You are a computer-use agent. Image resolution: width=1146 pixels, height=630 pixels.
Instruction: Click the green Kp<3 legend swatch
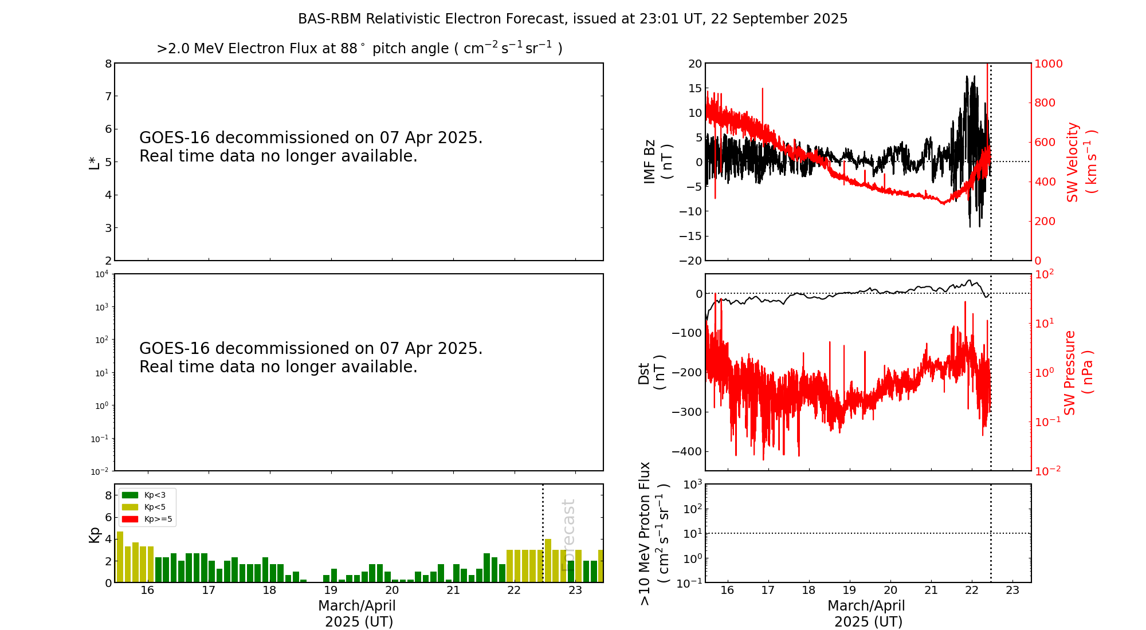click(x=130, y=495)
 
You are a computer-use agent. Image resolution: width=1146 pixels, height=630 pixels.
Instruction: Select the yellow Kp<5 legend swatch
click(x=130, y=507)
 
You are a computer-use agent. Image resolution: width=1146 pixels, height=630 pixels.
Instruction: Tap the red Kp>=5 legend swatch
click(x=130, y=519)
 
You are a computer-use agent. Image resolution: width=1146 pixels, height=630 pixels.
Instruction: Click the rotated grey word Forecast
click(x=568, y=535)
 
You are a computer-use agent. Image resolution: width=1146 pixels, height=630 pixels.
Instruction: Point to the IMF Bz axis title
click(x=658, y=162)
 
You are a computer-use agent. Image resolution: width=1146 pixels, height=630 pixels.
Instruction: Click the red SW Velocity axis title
click(x=1081, y=162)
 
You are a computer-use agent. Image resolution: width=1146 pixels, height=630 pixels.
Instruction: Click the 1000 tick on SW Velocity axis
click(x=1048, y=64)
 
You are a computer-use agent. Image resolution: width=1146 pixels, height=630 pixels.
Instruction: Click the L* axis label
click(x=94, y=162)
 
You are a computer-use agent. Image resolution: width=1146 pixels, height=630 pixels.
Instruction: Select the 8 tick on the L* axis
click(x=108, y=64)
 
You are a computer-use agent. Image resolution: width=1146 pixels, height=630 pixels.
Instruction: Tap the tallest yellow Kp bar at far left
click(x=120, y=557)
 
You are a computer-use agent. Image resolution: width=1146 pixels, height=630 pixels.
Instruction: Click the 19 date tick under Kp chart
click(x=331, y=590)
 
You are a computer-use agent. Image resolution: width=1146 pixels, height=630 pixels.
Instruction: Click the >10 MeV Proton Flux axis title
click(x=653, y=533)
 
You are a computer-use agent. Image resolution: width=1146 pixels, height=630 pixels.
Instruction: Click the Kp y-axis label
click(x=94, y=535)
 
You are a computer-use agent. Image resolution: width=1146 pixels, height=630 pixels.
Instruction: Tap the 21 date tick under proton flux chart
click(x=931, y=590)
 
